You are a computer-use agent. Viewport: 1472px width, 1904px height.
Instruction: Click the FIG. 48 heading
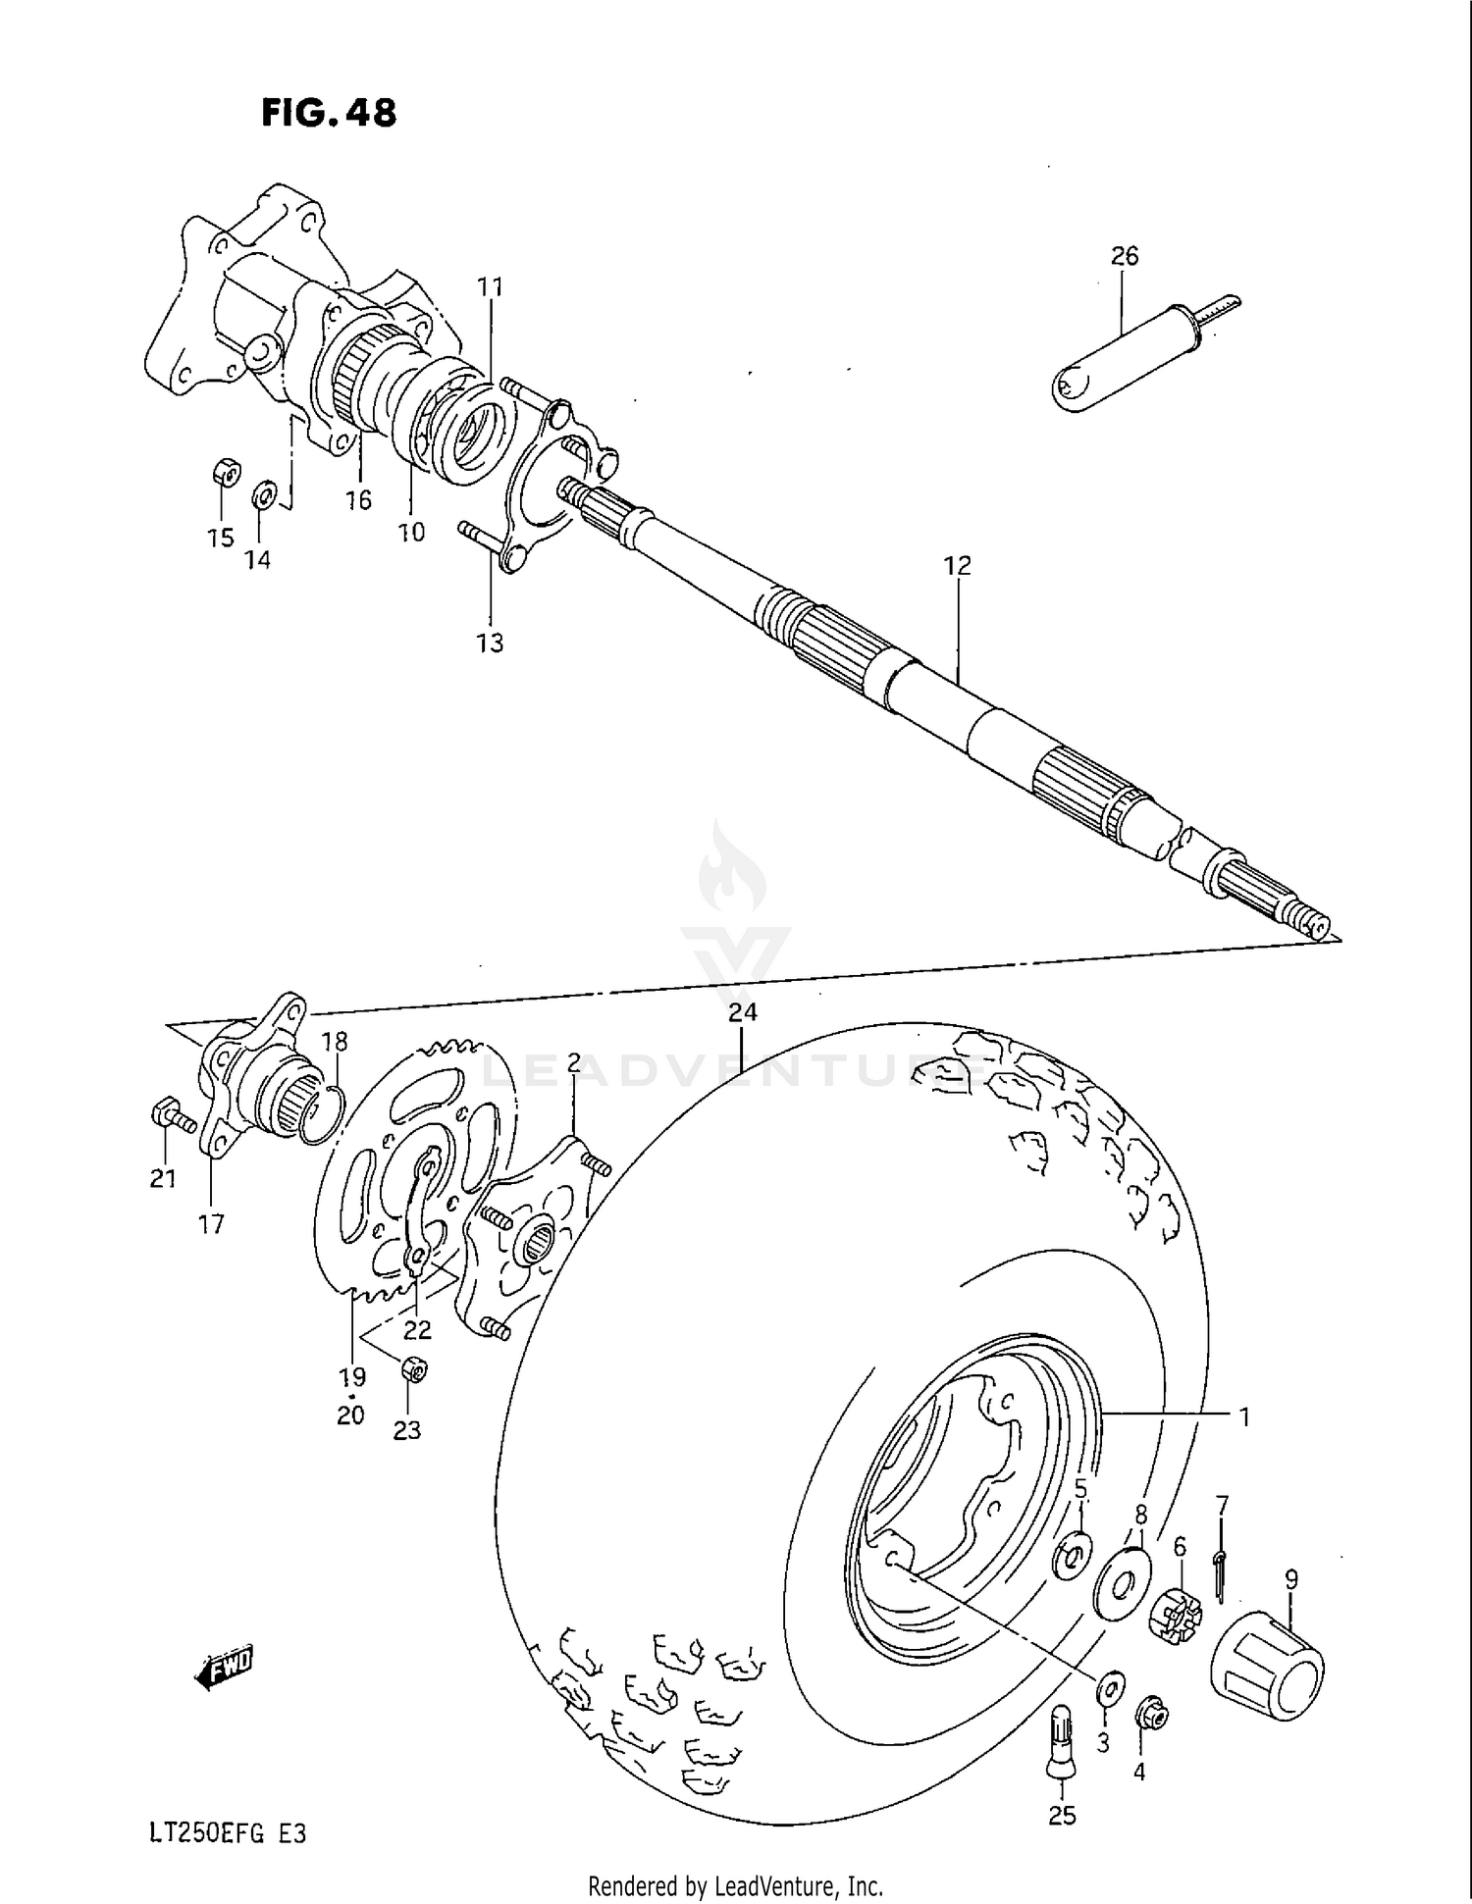[329, 114]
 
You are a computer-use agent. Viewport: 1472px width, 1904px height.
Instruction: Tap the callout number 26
[1125, 256]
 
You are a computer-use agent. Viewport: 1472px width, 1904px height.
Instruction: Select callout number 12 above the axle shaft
[957, 566]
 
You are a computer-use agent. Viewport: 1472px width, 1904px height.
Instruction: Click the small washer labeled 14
[263, 494]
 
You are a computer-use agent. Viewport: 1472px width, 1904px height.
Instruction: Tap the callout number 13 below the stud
[490, 643]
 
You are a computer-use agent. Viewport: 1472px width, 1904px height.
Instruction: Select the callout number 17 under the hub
[211, 1224]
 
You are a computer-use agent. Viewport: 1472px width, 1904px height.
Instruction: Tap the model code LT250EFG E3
[228, 1833]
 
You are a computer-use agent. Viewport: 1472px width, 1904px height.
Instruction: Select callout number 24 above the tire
[743, 1012]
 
